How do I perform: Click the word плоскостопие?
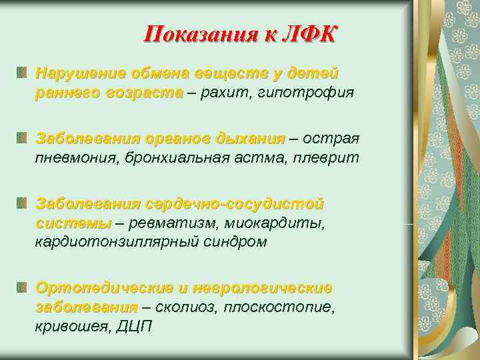278,307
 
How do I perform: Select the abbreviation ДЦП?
135,327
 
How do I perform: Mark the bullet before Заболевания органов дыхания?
23,137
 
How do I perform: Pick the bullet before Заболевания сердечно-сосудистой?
23,202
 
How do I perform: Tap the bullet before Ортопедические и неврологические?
23,287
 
